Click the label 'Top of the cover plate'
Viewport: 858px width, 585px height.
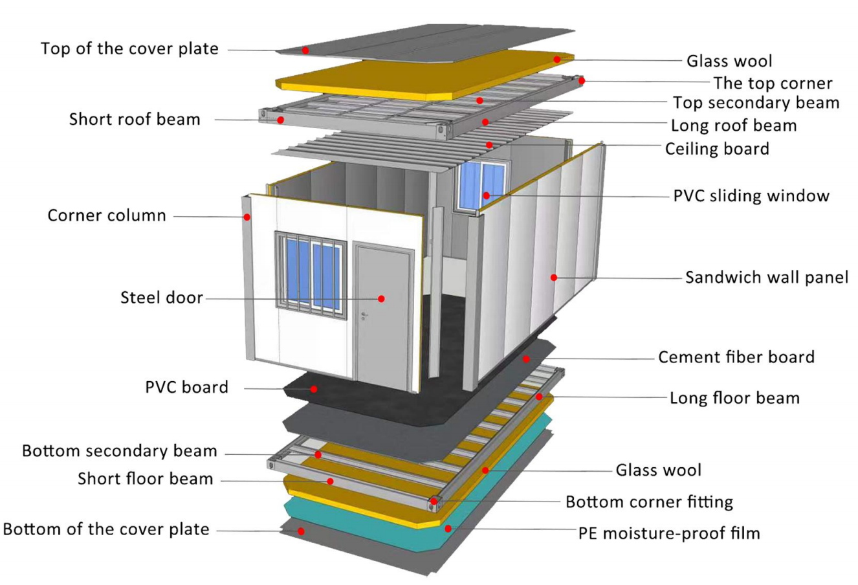click(129, 49)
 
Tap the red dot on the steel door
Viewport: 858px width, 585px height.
click(382, 298)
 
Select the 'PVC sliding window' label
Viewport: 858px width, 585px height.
click(751, 195)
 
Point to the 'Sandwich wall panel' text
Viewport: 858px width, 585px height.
click(767, 278)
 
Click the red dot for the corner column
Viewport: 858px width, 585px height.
click(247, 217)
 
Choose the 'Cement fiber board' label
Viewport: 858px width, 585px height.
click(736, 357)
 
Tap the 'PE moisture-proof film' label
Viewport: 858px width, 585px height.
click(668, 533)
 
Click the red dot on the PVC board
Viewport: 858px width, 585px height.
click(314, 389)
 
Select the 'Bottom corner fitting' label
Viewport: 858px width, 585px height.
click(649, 502)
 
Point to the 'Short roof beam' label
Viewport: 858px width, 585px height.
click(135, 119)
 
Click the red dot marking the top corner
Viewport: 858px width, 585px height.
click(582, 81)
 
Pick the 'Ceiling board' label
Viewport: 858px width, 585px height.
click(717, 149)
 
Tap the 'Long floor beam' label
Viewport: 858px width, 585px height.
click(734, 397)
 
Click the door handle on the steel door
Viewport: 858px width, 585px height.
click(364, 316)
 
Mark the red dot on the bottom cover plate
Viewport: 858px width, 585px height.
click(301, 531)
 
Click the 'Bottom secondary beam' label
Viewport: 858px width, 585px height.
click(120, 451)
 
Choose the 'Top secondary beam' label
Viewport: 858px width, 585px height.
click(756, 103)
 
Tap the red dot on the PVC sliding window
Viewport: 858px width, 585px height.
click(486, 195)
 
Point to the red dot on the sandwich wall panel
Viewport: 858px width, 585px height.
click(554, 278)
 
